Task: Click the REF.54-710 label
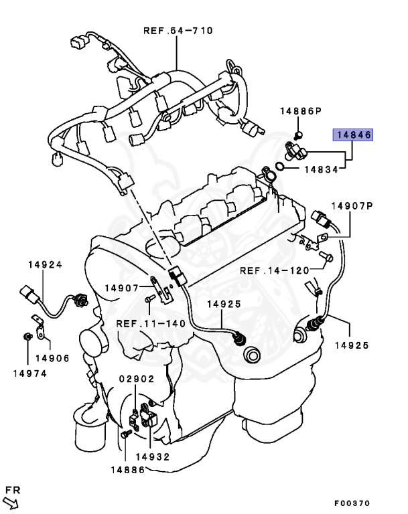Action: click(177, 30)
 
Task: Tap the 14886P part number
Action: click(301, 110)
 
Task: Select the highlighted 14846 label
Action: click(354, 135)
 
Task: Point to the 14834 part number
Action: click(320, 170)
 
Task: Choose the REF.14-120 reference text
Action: click(274, 270)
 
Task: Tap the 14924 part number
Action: click(45, 265)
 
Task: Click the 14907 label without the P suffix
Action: click(121, 288)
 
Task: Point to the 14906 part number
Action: click(52, 358)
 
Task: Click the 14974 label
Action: click(29, 373)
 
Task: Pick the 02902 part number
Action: click(137, 379)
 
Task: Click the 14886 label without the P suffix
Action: click(127, 470)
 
